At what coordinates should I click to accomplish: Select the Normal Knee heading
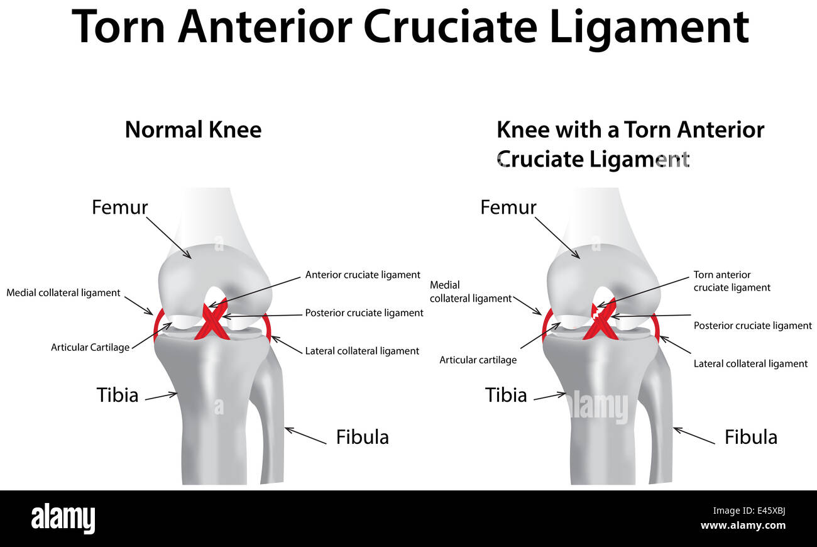pos(193,130)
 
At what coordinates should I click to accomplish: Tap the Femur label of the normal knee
pos(120,207)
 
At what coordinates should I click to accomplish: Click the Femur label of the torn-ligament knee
pos(508,207)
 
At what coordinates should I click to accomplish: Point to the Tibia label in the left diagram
pos(118,395)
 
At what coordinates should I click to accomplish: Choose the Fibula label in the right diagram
pos(750,437)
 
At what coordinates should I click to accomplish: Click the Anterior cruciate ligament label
pos(363,275)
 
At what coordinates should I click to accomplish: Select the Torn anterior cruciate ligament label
pos(732,281)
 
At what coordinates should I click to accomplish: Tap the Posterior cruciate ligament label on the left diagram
pos(364,312)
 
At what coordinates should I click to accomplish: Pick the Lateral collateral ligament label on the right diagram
pos(750,363)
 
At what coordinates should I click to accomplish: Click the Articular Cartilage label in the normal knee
pos(90,347)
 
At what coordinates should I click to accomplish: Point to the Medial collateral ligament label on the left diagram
pos(63,292)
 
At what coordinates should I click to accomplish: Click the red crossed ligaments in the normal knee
pos(212,323)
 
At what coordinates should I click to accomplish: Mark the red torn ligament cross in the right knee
pos(601,323)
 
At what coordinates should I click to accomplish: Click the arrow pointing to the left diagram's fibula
pos(305,436)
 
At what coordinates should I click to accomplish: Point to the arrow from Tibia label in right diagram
pos(550,396)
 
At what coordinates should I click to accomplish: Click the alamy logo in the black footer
pos(63,519)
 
